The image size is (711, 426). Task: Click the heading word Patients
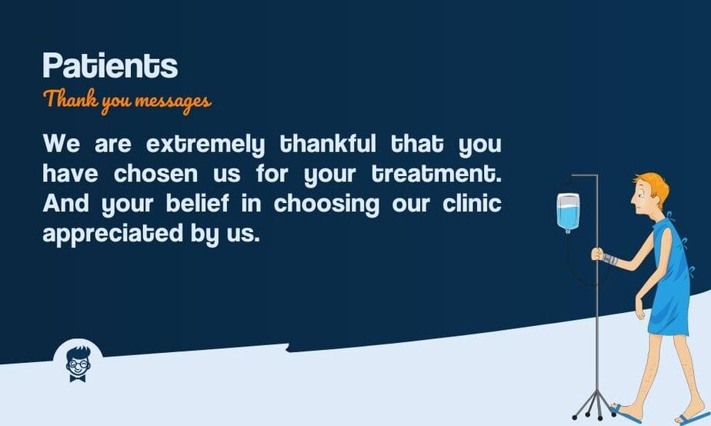[x=110, y=66]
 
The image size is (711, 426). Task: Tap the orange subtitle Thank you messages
[x=127, y=101]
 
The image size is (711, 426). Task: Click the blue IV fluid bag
[x=567, y=213]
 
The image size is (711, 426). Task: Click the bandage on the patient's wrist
[x=609, y=258]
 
